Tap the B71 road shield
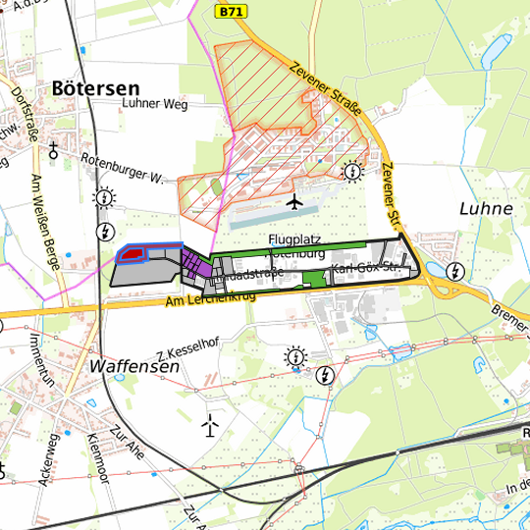(x=230, y=11)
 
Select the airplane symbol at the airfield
(x=293, y=201)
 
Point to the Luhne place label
(x=486, y=209)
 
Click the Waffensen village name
(x=134, y=365)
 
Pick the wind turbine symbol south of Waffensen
(x=209, y=425)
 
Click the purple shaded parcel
(x=197, y=264)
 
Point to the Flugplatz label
(x=294, y=239)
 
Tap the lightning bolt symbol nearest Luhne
(x=454, y=270)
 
